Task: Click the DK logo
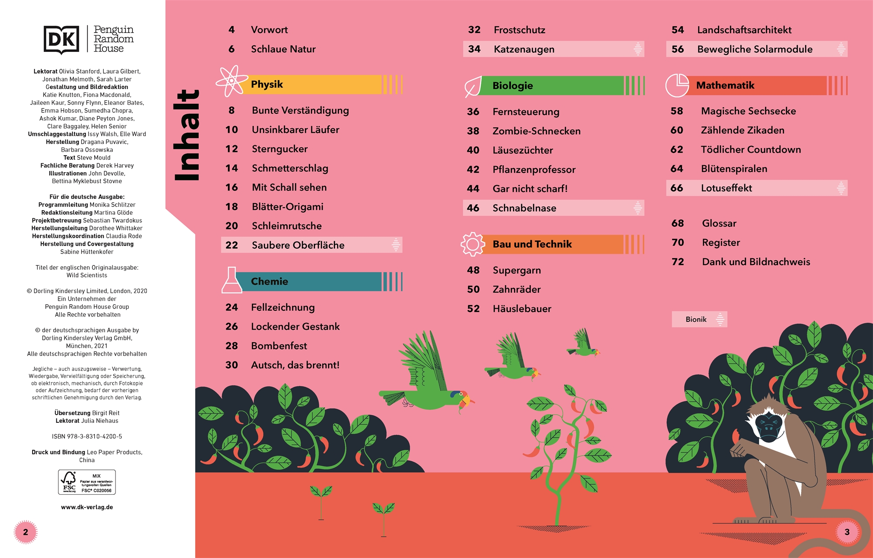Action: click(x=61, y=40)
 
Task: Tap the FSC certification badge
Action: click(x=87, y=482)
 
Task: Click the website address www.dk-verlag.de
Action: click(x=87, y=507)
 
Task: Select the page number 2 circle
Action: click(x=26, y=532)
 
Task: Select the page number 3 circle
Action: click(x=847, y=532)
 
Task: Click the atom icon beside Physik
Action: click(x=231, y=81)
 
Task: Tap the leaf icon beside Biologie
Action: click(x=473, y=86)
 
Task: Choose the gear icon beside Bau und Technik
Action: click(x=473, y=244)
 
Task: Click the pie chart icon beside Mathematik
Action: click(x=677, y=85)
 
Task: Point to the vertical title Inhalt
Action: click(x=187, y=136)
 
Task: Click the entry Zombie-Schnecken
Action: click(x=536, y=131)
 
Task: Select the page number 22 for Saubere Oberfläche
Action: click(x=232, y=245)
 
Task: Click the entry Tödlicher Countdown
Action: click(x=751, y=150)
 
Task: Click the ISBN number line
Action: click(x=87, y=436)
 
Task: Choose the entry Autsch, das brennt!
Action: click(x=295, y=365)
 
